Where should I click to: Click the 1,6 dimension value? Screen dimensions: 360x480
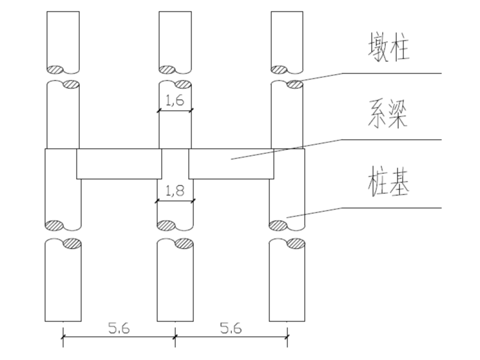(x=175, y=100)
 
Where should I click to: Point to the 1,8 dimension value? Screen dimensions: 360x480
(x=175, y=191)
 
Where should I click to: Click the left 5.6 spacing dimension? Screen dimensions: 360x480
(x=119, y=328)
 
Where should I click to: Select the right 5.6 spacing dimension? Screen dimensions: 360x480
(x=231, y=328)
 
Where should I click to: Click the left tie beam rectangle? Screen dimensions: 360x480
(x=119, y=164)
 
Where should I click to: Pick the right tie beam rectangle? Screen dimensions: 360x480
(x=231, y=164)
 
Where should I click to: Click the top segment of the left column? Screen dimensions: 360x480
(x=63, y=39)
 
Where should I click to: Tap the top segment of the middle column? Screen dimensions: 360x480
(x=175, y=39)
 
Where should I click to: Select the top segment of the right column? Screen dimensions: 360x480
(x=287, y=39)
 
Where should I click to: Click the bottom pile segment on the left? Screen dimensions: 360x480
(x=63, y=283)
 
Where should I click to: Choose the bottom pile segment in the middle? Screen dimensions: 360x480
(x=175, y=283)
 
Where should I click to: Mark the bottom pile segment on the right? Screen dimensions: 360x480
(x=287, y=283)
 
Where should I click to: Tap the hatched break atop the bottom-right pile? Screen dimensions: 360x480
(x=297, y=243)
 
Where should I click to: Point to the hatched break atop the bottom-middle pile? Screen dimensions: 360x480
(x=185, y=243)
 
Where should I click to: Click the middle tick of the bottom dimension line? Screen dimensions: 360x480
(x=175, y=335)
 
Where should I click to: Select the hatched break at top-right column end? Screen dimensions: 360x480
(x=279, y=69)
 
